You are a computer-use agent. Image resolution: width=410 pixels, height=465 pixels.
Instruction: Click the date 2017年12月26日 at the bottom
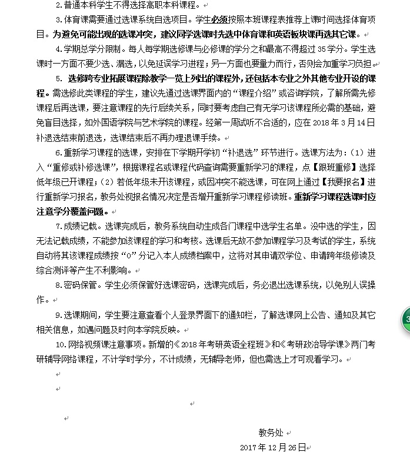[272, 447]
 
